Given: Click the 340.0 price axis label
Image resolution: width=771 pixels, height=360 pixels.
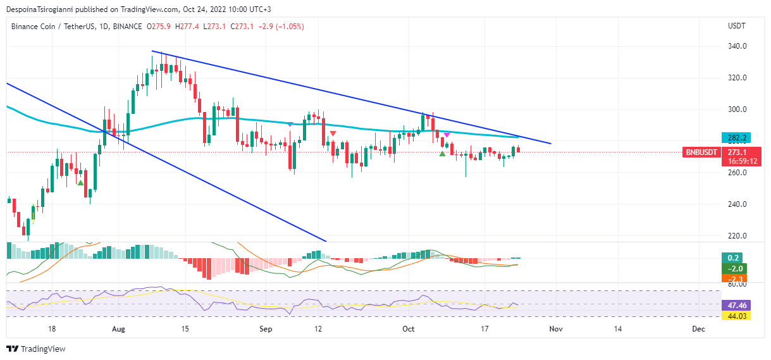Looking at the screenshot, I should coord(737,46).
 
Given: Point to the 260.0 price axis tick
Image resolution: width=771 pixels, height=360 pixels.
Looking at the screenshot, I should coord(737,173).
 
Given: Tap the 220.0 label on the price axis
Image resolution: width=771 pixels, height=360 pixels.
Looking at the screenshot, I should coord(737,236).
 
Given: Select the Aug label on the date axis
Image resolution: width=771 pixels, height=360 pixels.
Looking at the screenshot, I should coord(118,329).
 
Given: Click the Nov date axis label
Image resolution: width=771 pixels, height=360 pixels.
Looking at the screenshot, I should coord(555,329).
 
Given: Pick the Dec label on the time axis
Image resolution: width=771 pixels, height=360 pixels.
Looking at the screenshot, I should coord(698,329).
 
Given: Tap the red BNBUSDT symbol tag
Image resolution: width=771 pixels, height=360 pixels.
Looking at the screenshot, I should coord(701,152).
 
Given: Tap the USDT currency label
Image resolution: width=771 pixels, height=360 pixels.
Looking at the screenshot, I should coord(737,26).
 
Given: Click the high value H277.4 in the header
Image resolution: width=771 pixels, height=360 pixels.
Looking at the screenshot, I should coord(188,27).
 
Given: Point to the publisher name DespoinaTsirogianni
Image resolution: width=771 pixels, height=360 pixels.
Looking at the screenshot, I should coord(41,9).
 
